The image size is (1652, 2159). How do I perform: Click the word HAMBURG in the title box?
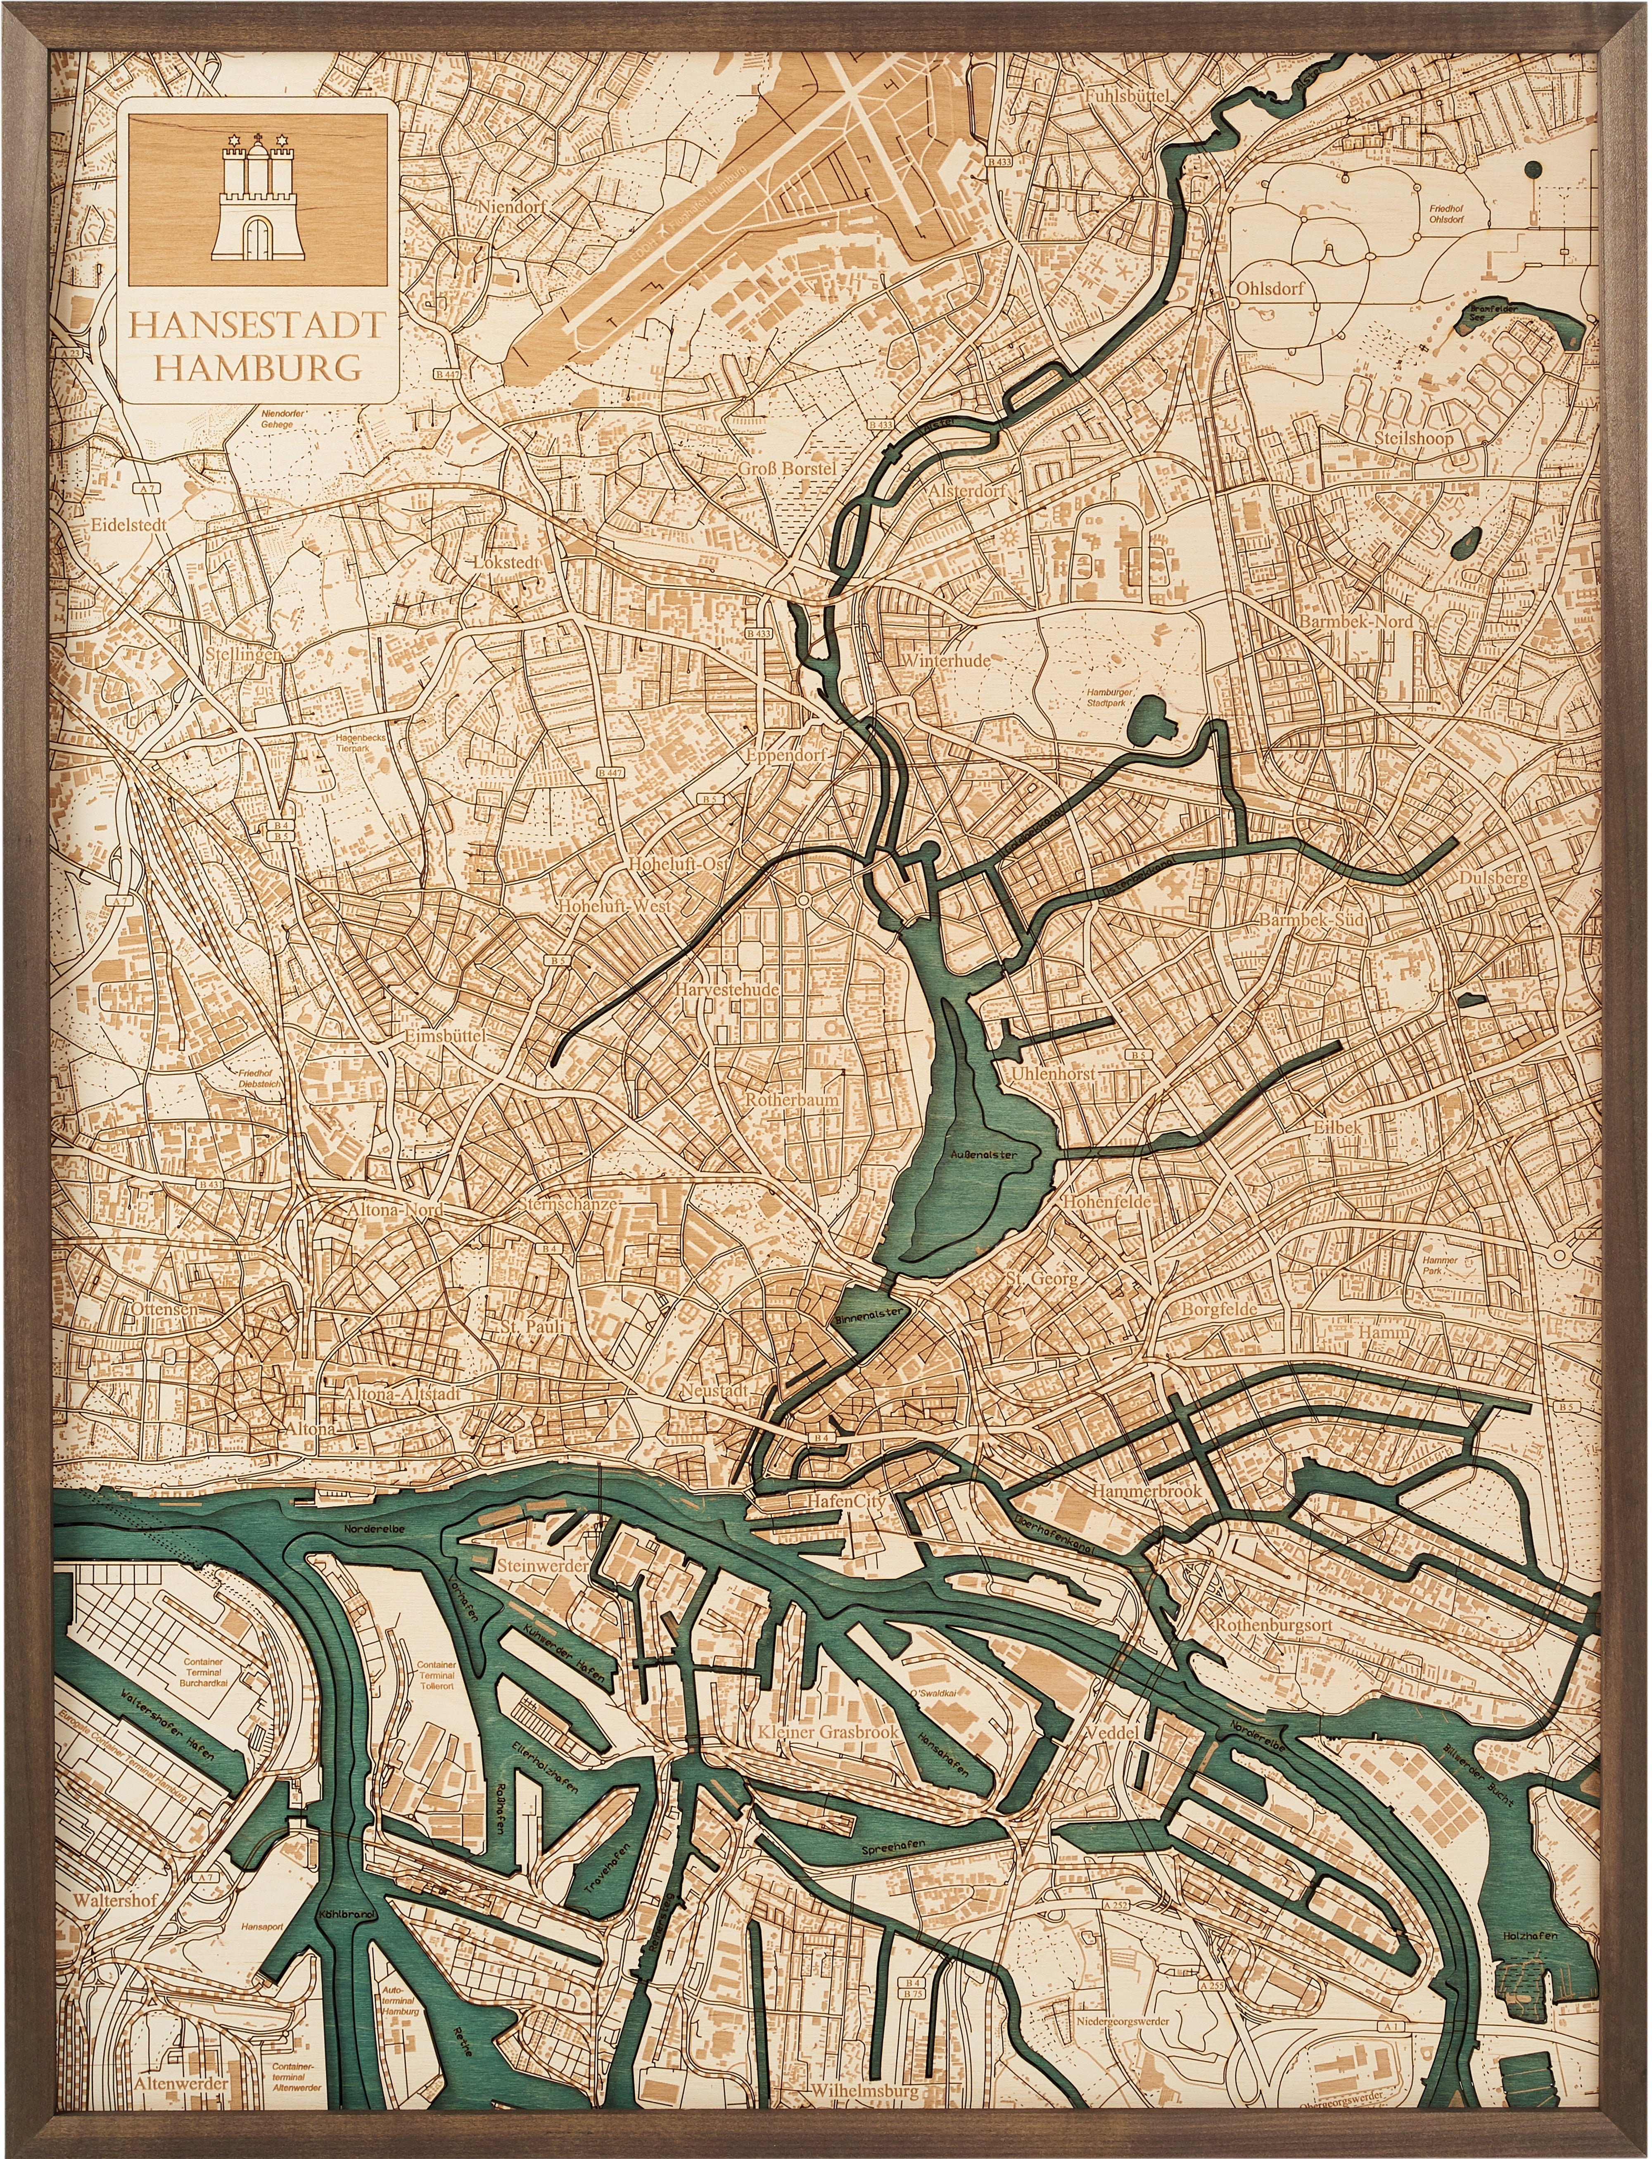pos(258,368)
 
